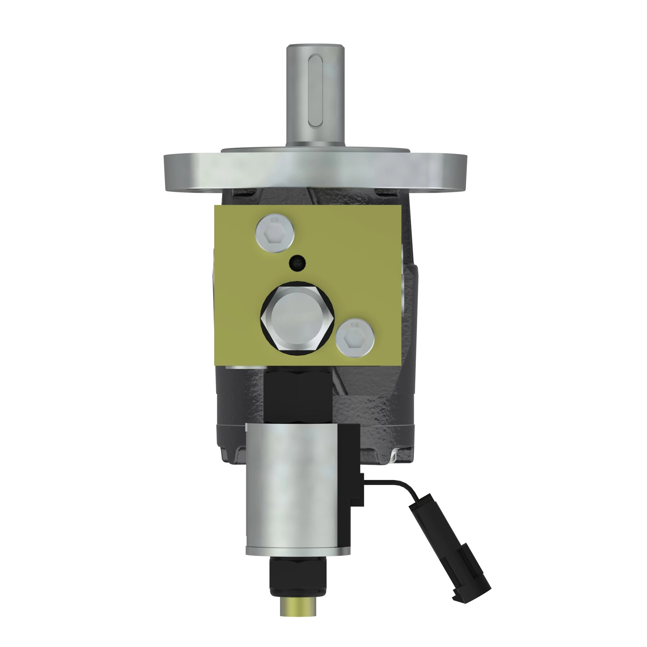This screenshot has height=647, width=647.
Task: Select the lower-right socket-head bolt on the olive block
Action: click(355, 337)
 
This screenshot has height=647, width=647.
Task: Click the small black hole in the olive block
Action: click(297, 263)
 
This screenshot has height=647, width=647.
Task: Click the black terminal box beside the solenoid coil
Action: click(350, 469)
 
